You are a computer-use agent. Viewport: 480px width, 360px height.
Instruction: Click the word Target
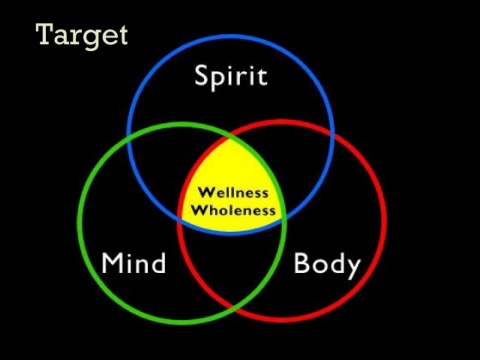click(x=82, y=36)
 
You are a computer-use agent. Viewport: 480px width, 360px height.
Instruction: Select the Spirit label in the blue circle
click(x=231, y=77)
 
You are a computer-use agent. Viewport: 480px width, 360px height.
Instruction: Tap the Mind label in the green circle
click(x=133, y=263)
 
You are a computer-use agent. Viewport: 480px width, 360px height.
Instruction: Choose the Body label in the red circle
click(x=327, y=265)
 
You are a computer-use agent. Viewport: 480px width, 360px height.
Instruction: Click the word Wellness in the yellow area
click(x=233, y=193)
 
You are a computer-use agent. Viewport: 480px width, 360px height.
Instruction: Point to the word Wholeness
click(x=233, y=210)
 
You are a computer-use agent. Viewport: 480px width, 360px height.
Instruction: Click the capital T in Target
click(x=45, y=34)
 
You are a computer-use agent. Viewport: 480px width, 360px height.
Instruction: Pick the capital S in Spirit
click(x=201, y=75)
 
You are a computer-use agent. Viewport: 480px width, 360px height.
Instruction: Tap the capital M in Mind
click(x=112, y=263)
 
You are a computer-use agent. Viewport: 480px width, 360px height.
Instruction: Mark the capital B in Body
click(x=301, y=263)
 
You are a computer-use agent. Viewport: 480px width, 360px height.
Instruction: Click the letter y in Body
click(x=353, y=269)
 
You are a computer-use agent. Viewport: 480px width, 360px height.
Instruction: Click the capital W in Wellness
click(x=206, y=193)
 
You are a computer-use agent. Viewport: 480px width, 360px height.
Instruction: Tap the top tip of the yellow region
click(x=229, y=137)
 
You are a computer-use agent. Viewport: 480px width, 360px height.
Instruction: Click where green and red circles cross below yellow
click(x=234, y=308)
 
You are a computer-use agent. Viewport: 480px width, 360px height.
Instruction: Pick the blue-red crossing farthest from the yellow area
click(x=332, y=134)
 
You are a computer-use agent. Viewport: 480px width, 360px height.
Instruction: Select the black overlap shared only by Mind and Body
click(x=232, y=267)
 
